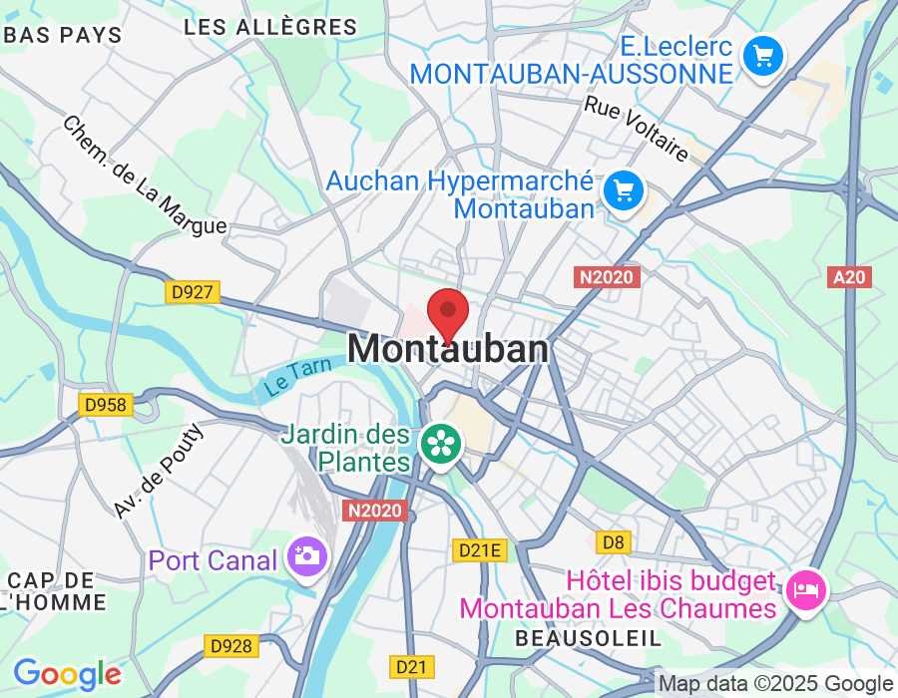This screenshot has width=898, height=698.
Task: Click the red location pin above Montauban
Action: pos(448,313)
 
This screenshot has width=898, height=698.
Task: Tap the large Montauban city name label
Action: pos(448,349)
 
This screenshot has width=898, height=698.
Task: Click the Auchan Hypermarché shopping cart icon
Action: pos(625,188)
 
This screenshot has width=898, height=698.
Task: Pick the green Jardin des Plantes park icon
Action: pos(440,443)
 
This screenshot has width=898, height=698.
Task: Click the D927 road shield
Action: pos(193,292)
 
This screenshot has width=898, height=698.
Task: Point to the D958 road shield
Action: pos(105,404)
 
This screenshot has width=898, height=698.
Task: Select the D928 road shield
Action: pos(230,646)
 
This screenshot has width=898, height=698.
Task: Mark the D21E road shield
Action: pos(480,549)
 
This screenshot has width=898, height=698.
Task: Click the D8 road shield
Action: pos(614,541)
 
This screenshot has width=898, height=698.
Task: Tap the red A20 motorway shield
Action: pos(849,277)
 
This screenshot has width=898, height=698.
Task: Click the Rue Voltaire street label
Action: pos(637,129)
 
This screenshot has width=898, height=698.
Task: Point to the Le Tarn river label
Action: pos(296,377)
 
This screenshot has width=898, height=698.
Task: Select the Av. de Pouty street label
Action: pos(158,471)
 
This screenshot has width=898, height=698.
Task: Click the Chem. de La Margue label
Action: pos(144,175)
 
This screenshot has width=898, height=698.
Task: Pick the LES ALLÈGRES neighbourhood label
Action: pos(270,27)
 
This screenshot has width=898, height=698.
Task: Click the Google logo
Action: pos(67,674)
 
